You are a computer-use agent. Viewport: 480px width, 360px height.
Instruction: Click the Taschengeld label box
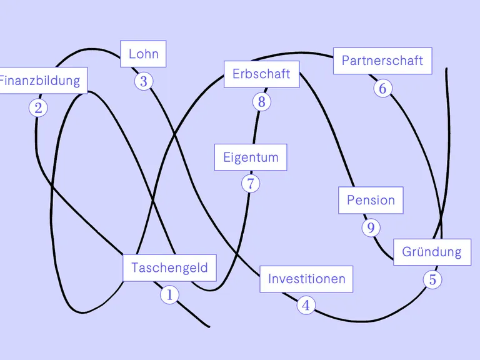169,268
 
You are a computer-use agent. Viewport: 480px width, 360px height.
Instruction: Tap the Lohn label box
143,54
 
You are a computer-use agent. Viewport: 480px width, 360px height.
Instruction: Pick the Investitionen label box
306,279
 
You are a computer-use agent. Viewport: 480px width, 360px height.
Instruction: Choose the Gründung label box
432,252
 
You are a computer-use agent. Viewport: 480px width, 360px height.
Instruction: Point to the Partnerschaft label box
382,61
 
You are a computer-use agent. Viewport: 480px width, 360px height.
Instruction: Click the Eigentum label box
251,157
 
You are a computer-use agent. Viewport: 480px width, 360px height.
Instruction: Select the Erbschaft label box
261,74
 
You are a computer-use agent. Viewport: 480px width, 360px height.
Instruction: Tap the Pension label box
371,201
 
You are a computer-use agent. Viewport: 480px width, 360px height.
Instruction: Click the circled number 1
169,294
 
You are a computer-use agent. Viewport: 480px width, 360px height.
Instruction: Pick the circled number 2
38,108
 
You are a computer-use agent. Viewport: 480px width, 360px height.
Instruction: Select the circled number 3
144,81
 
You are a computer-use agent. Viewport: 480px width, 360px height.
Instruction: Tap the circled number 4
306,306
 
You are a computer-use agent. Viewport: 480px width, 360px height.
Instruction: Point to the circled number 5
432,279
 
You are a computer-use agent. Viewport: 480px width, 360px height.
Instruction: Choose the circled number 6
382,88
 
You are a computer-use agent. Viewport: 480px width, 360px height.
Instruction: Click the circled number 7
251,184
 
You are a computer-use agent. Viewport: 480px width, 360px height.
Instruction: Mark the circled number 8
261,102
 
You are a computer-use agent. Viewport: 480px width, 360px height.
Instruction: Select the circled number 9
371,227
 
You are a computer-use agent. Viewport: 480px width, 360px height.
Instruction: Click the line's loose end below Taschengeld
209,326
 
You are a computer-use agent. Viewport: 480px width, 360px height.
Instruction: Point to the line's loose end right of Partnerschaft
446,69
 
